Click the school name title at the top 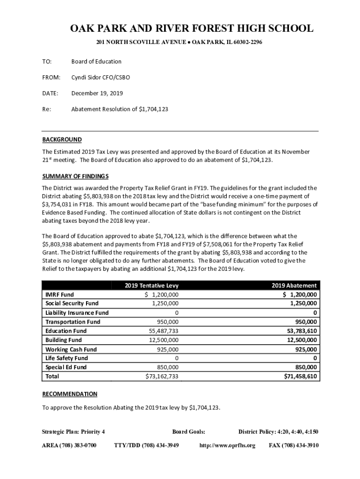click(192, 29)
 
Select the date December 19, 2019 click(97, 93)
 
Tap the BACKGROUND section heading click(62, 139)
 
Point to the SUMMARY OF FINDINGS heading click(75, 176)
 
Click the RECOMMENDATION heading click(70, 394)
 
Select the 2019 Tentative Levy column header click(151, 285)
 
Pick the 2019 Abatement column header click(294, 285)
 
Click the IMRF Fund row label click(59, 295)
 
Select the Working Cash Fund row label click(71, 349)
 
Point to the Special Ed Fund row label click(66, 367)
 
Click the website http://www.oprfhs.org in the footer click(227, 445)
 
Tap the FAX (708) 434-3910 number click(294, 445)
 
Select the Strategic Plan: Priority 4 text click(73, 431)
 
